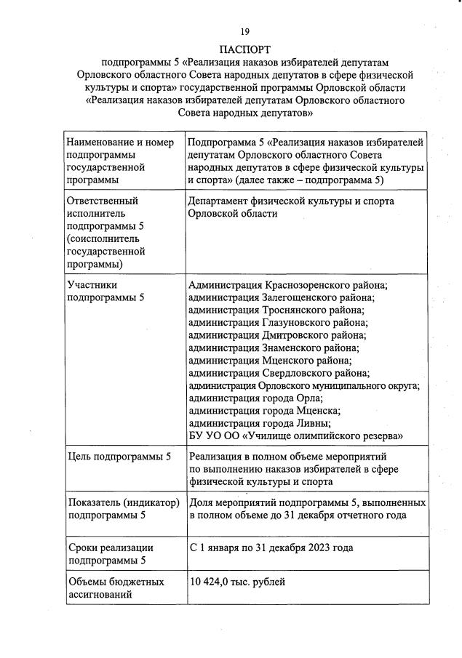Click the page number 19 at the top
pos(245,31)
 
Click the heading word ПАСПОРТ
pos(245,49)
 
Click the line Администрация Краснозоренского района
pos(287,285)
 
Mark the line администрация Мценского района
pos(270,360)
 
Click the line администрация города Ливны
pos(260,423)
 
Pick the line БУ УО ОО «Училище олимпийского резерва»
pos(295,436)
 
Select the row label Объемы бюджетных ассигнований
pos(116,588)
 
